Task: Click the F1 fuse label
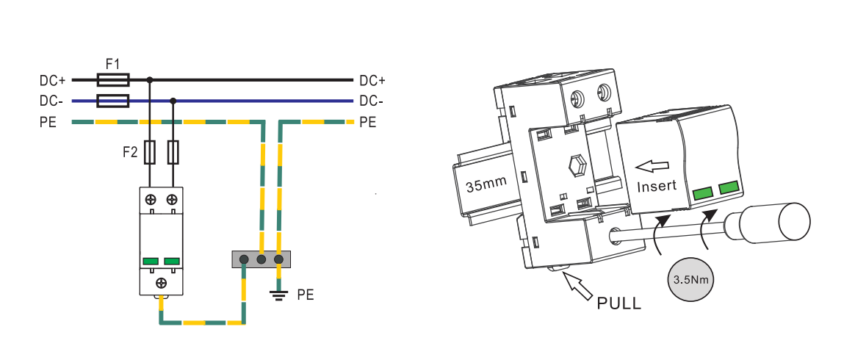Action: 112,65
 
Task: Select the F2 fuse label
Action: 129,152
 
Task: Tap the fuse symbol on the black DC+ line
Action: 113,80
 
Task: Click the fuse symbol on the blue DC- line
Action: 113,101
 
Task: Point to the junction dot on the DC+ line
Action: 149,80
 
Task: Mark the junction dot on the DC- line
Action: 173,101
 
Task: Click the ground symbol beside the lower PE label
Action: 279,295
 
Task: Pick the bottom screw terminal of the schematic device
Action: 162,283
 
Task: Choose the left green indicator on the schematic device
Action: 151,262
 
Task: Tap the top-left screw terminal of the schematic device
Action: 151,199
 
